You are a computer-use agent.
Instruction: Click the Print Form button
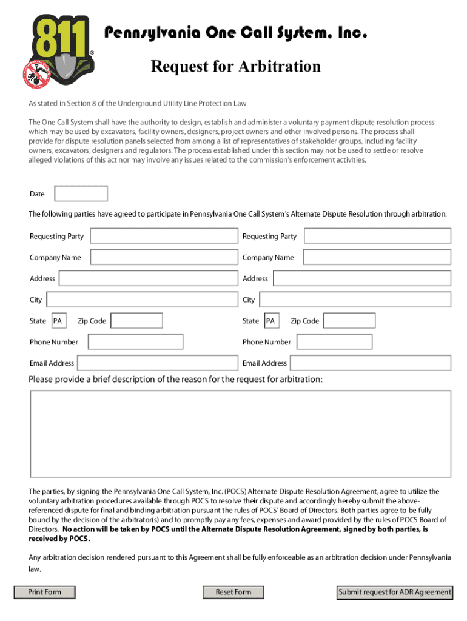point(45,592)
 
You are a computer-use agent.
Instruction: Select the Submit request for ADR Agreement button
point(395,592)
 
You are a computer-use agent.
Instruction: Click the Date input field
point(81,193)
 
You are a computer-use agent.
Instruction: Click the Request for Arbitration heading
point(235,66)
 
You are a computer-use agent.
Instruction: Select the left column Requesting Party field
point(164,236)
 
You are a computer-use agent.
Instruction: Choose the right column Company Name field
point(377,257)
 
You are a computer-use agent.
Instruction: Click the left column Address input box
point(149,278)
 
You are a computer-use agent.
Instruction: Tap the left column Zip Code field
point(137,321)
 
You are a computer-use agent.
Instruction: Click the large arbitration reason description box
point(240,434)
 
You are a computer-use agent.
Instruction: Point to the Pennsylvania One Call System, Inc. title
point(237,33)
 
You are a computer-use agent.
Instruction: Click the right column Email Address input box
point(371,363)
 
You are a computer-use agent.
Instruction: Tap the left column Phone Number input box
point(135,342)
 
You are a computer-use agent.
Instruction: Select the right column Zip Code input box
point(350,321)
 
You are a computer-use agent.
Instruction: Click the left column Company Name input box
point(164,257)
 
